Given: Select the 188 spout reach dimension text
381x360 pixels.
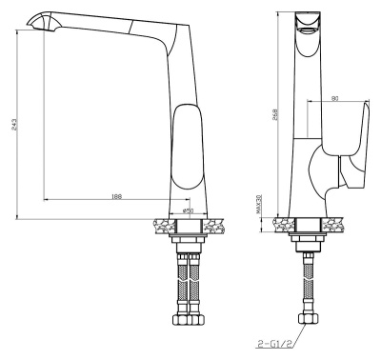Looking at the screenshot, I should coord(116,196).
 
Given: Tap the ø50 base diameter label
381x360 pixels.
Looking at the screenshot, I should coord(188,210).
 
